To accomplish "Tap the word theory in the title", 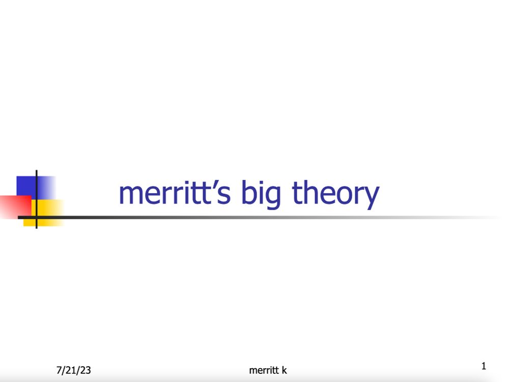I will (x=335, y=194).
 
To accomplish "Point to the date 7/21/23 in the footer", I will (x=73, y=370).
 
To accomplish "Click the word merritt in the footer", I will (x=263, y=370).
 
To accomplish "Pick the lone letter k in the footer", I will (x=284, y=370).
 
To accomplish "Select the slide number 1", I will (x=484, y=366).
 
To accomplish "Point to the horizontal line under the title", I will (x=254, y=217).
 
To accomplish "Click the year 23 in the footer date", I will (x=86, y=370).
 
